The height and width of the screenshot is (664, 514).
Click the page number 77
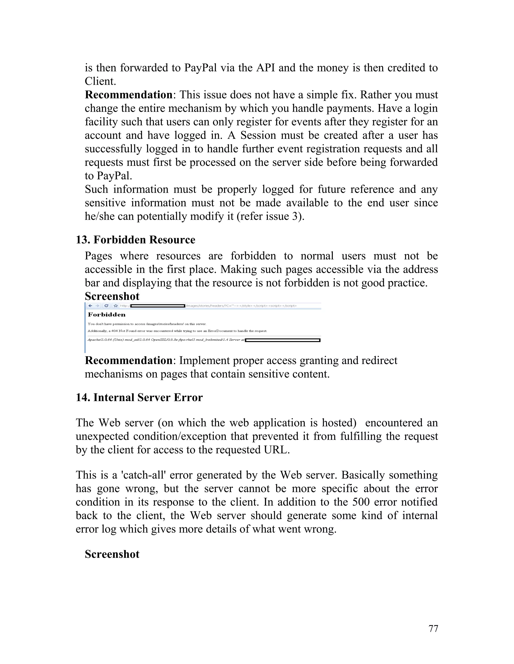pos(433,628)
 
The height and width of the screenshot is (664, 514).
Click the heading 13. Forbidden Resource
pos(135,240)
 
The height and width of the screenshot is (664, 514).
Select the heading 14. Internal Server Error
pos(139,397)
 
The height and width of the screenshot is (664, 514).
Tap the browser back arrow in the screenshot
pos(90,305)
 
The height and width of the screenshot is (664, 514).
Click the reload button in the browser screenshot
pos(106,305)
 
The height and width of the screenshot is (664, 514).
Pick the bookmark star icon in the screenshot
pos(116,305)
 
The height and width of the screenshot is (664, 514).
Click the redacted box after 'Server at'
pos(283,340)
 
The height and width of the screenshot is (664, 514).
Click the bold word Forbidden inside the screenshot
pos(107,315)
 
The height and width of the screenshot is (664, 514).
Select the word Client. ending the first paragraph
pos(100,81)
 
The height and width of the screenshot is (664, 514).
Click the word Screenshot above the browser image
pos(112,296)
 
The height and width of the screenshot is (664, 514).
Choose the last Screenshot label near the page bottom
pos(112,554)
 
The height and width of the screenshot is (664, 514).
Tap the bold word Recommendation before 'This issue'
pos(128,95)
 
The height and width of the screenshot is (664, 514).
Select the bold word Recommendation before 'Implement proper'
pos(128,360)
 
